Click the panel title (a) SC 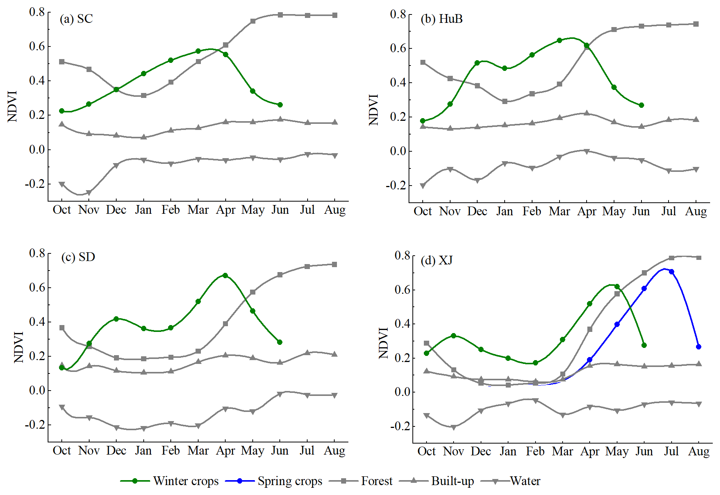pos(76,19)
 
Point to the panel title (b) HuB pos(441,19)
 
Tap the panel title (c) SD pos(78,257)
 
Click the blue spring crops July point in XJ pos(672,272)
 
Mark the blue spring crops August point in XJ pos(699,347)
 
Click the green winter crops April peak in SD pos(225,275)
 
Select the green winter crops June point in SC pos(280,105)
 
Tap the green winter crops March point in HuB pos(560,40)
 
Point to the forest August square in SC pos(335,15)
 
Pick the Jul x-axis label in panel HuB pos(669,211)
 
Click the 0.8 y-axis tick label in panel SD pos(37,253)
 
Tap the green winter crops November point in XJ pos(454,336)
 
